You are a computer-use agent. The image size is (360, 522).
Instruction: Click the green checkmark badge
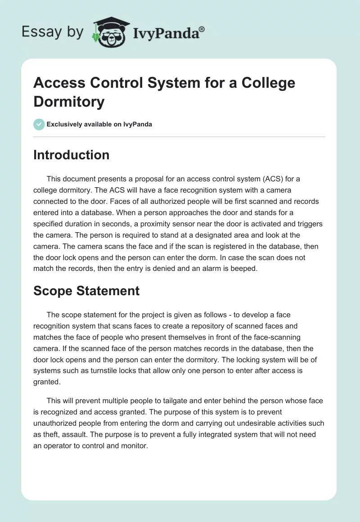pyautogui.click(x=39, y=124)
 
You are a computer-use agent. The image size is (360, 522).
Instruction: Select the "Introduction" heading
pyautogui.click(x=71, y=155)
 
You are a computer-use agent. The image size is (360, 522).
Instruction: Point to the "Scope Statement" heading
pyautogui.click(x=86, y=291)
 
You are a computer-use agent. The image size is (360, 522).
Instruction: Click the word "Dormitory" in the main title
pyautogui.click(x=69, y=101)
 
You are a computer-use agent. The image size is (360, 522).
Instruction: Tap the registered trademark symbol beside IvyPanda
pyautogui.click(x=202, y=28)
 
